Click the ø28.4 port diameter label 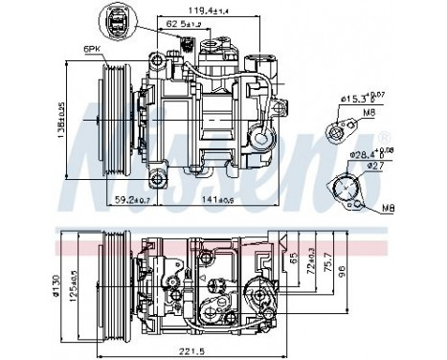(x=368, y=152)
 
